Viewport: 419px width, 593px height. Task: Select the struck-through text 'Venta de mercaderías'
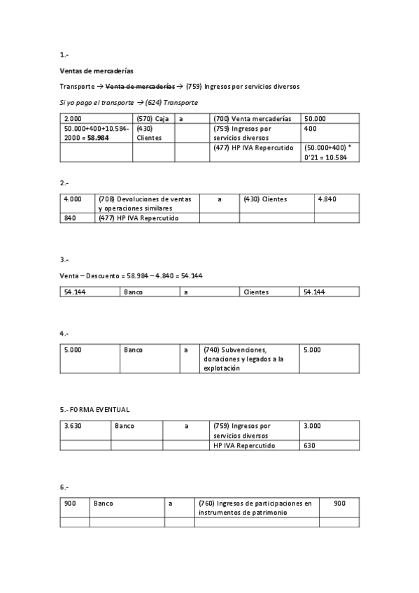tap(142, 87)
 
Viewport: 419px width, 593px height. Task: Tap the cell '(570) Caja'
tap(152, 119)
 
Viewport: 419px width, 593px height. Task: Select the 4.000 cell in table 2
tap(72, 199)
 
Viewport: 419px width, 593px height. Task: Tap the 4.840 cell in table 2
tap(327, 199)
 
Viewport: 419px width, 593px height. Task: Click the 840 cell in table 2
tap(70, 218)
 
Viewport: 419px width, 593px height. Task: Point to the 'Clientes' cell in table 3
tap(256, 292)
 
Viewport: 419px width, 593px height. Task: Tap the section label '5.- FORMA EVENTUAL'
tap(94, 409)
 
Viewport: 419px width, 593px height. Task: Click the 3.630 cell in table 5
tap(72, 425)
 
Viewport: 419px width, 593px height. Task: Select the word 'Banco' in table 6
tap(104, 503)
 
